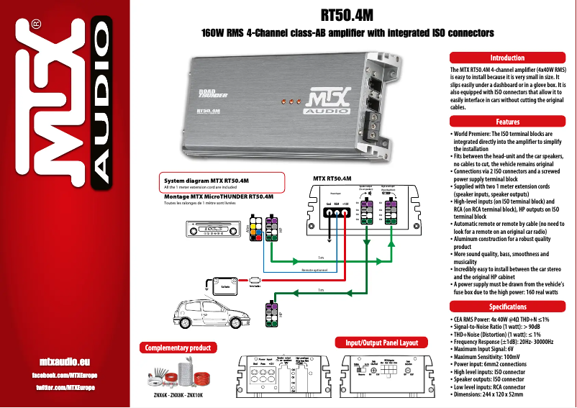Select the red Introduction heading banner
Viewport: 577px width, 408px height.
coord(507,58)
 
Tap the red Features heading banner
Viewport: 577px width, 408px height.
coord(507,122)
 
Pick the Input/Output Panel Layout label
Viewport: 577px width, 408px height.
coord(381,343)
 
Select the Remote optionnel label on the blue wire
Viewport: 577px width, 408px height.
coord(312,270)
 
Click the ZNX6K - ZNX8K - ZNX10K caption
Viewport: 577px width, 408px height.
coord(178,395)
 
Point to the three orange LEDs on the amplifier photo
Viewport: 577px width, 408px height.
coord(289,101)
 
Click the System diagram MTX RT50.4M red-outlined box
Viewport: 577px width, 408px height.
coord(222,183)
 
